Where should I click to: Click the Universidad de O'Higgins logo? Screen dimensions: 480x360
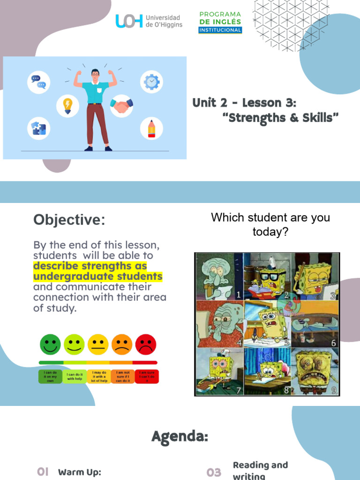pyautogui.click(x=149, y=21)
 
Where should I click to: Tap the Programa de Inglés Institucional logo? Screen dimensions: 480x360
pyautogui.click(x=220, y=22)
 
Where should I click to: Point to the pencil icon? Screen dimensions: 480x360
pyautogui.click(x=151, y=128)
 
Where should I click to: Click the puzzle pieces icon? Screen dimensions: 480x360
pyautogui.click(x=38, y=128)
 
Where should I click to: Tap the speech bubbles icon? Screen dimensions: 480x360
pyautogui.click(x=38, y=82)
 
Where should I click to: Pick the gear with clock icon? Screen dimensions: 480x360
pyautogui.click(x=151, y=82)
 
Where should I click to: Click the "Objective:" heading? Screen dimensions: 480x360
pyautogui.click(x=69, y=220)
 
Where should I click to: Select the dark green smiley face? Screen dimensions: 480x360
pyautogui.click(x=51, y=345)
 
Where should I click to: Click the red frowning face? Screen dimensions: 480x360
pyautogui.click(x=146, y=345)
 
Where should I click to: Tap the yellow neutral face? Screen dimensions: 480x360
pyautogui.click(x=98, y=345)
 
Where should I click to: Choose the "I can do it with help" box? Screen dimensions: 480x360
pyautogui.click(x=75, y=376)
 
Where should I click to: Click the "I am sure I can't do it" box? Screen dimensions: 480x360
pyautogui.click(x=147, y=376)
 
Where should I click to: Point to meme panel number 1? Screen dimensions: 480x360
pyautogui.click(x=218, y=276)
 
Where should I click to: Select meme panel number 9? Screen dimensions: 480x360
pyautogui.click(x=315, y=371)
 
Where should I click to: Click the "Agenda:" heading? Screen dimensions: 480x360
pyautogui.click(x=180, y=437)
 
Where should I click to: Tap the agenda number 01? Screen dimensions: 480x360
pyautogui.click(x=43, y=472)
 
